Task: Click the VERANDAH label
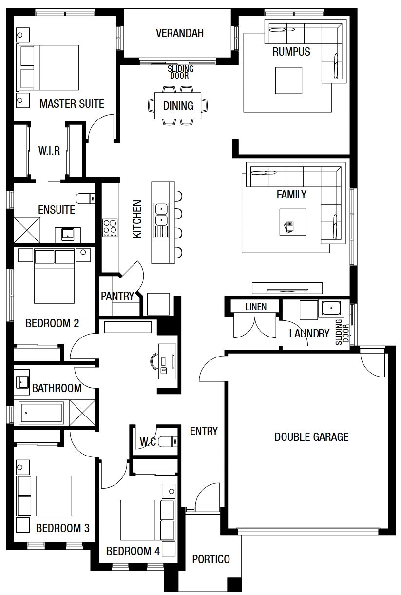pos(180,33)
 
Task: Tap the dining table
pos(178,105)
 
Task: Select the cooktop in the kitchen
pos(110,228)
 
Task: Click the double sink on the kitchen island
pos(161,215)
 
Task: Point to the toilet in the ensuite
pos(85,198)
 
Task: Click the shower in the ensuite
pos(27,230)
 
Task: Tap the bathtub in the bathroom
pos(42,413)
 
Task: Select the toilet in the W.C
pos(168,442)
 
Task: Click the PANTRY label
pos(117,296)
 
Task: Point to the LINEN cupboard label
pos(256,307)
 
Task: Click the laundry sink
pos(331,308)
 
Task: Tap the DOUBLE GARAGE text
pos(311,437)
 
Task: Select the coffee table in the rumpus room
pos(288,80)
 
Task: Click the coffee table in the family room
pos(293,222)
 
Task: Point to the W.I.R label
pos(49,151)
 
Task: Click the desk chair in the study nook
pos(153,361)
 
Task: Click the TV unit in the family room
pos(287,288)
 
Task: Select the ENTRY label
pos(204,431)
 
